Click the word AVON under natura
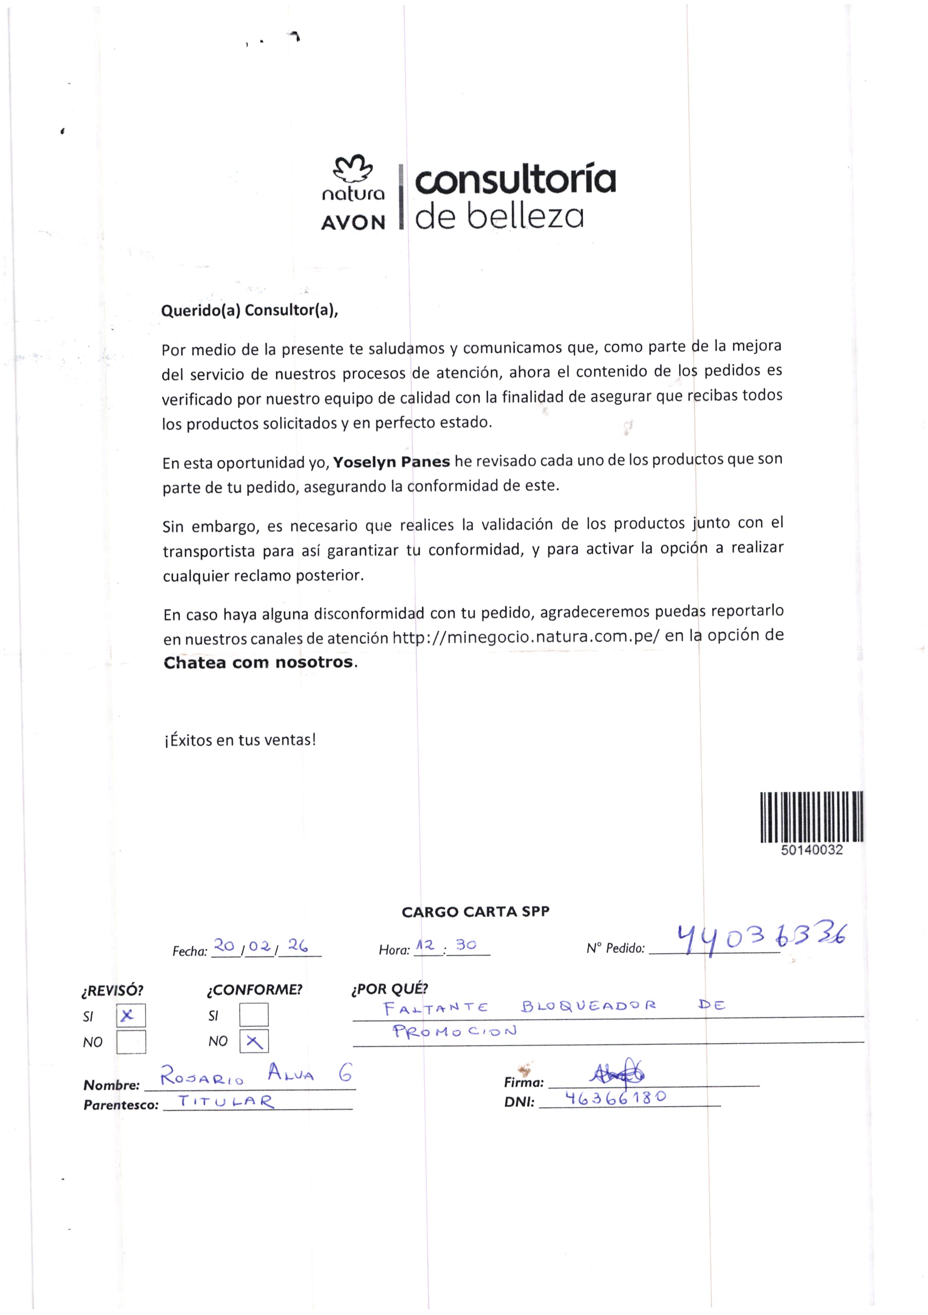click(353, 222)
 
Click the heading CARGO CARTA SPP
click(475, 912)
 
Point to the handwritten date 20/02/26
click(261, 947)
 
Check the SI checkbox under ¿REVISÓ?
click(131, 1015)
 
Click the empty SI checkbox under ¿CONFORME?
click(254, 1014)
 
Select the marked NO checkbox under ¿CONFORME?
click(254, 1041)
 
